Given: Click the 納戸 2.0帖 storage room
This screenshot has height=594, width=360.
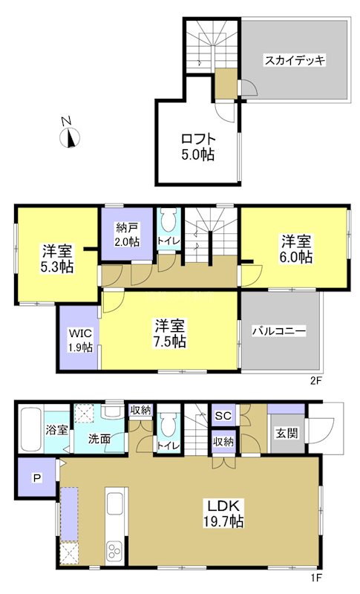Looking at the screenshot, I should tap(127, 235).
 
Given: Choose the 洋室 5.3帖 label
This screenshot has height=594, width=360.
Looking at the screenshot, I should tap(57, 257).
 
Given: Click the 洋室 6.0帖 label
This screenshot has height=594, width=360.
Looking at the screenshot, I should tap(296, 249).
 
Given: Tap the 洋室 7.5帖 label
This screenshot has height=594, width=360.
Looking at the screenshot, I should tap(170, 333).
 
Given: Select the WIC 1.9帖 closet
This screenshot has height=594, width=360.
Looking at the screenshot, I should tap(79, 339).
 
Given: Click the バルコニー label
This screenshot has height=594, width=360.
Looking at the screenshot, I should tap(278, 331).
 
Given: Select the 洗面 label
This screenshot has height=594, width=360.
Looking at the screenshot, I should tap(99, 440).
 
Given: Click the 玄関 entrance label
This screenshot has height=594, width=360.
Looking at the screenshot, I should tap(285, 434).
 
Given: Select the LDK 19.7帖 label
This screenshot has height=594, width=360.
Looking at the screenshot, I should tap(222, 513).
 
